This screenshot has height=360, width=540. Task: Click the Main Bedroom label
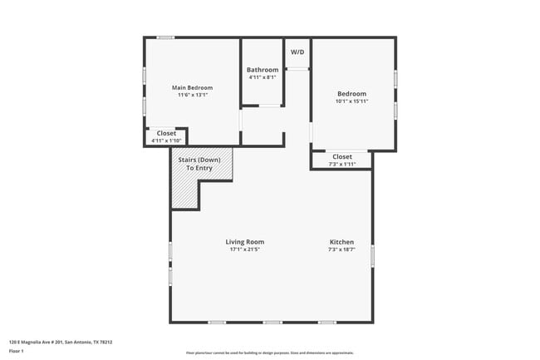pos(192,87)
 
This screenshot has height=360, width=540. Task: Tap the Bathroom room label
pos(263,70)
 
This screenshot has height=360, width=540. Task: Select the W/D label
pos(297,52)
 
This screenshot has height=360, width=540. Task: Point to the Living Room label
pos(244,242)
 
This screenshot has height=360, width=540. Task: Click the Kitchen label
pos(341,242)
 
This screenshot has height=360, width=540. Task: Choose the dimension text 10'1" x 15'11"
pos(352,101)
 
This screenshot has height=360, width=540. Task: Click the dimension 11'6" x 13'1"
pos(192,95)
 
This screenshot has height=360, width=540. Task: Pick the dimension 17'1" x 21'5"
pos(244,249)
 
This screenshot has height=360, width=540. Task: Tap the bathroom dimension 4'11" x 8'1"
pos(263,77)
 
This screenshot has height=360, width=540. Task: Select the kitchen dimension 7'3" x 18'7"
pos(341,249)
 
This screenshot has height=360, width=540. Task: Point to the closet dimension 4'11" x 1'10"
pos(166,141)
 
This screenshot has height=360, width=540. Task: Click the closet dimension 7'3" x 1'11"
pos(342,164)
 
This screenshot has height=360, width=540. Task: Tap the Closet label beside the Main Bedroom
pos(166,133)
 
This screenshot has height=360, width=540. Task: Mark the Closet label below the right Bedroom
pos(342,156)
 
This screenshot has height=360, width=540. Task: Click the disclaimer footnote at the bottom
pos(269,353)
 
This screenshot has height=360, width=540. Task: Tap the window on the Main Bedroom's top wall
pos(166,37)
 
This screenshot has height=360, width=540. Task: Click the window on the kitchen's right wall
pos(372,254)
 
